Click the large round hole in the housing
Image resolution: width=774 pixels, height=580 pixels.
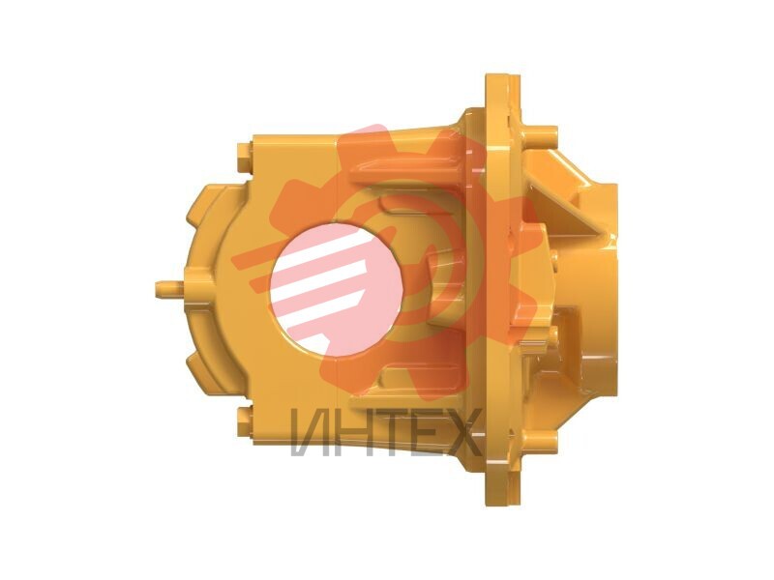pos(336,289)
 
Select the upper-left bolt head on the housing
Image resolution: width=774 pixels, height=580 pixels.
pos(245,158)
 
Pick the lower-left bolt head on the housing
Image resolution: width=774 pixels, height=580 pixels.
pos(245,422)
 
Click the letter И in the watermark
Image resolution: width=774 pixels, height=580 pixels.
pos(308,432)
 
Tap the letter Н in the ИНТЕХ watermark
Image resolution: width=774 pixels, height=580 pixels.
pos(350,432)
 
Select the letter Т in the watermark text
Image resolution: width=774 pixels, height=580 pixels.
pos(390,432)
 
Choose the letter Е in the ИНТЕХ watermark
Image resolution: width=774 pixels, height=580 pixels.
pos(426,432)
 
